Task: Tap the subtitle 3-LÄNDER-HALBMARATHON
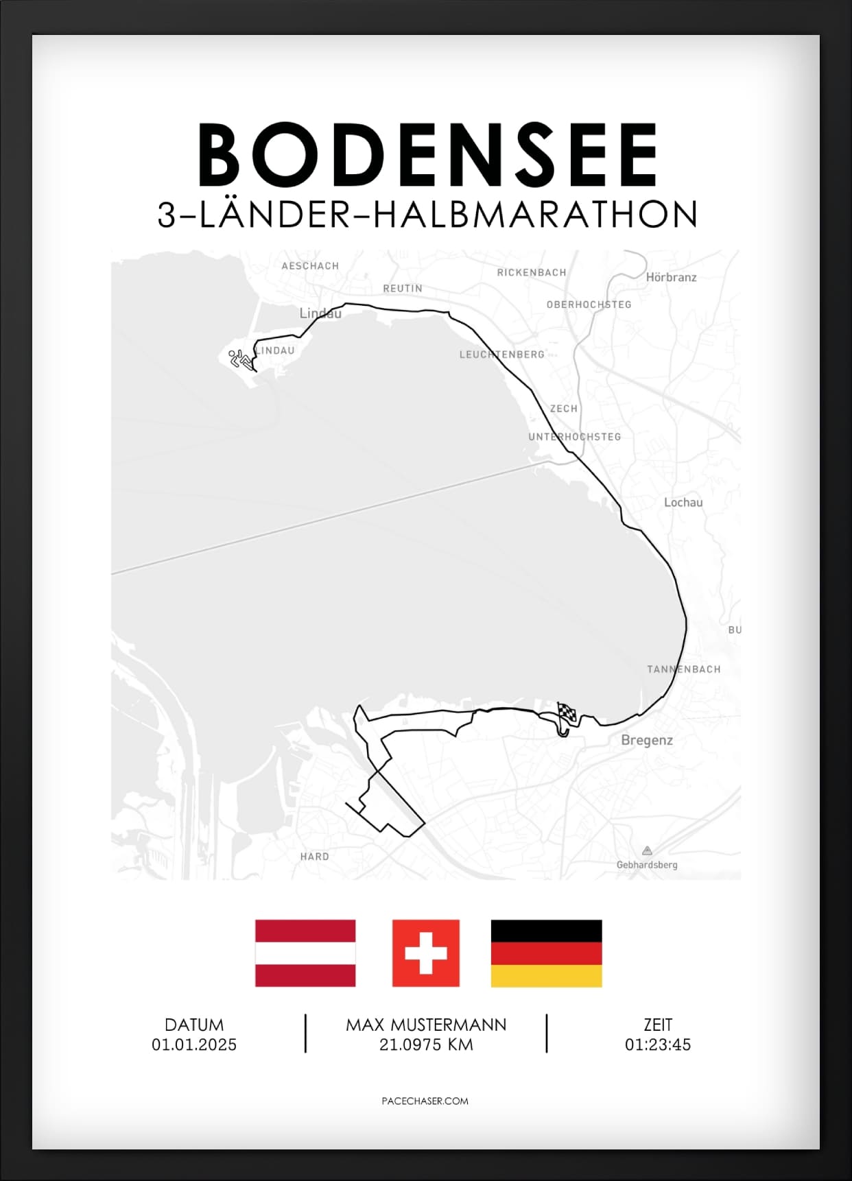tap(427, 215)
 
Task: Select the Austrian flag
tap(305, 953)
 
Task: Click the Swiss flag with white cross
tap(425, 953)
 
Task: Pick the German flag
tap(546, 953)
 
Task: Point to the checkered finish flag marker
tap(566, 714)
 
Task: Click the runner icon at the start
tap(240, 359)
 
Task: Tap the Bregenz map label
tap(646, 740)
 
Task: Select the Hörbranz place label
tap(671, 277)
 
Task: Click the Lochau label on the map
tap(683, 502)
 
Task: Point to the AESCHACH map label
tap(310, 265)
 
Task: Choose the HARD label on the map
tap(314, 856)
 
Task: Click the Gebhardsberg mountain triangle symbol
tap(646, 850)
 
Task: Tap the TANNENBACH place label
tap(683, 669)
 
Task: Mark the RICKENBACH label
tap(532, 272)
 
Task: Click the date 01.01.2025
tap(194, 1045)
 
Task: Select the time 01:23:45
tap(657, 1045)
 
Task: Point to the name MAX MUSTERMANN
tap(426, 1025)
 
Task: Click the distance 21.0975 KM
tap(426, 1045)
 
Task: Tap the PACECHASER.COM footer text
tap(425, 1101)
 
